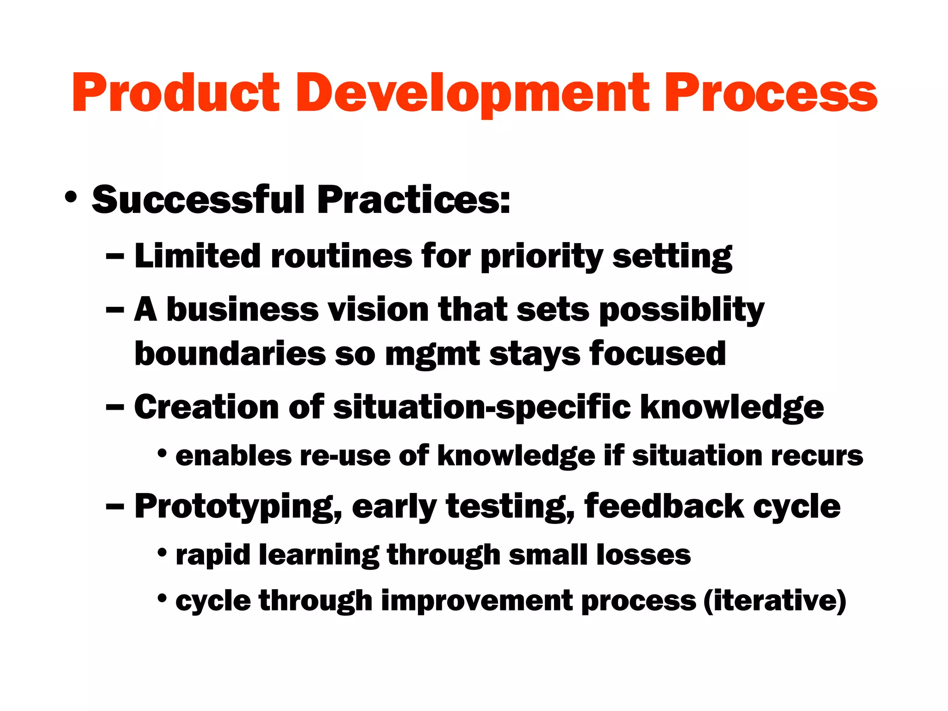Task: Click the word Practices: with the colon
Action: click(413, 200)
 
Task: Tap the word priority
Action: click(542, 257)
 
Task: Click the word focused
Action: click(657, 354)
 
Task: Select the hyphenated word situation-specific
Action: click(481, 407)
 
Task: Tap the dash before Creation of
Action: click(115, 407)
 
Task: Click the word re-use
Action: click(345, 456)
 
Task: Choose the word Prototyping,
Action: click(238, 507)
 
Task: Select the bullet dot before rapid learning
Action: click(162, 553)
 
